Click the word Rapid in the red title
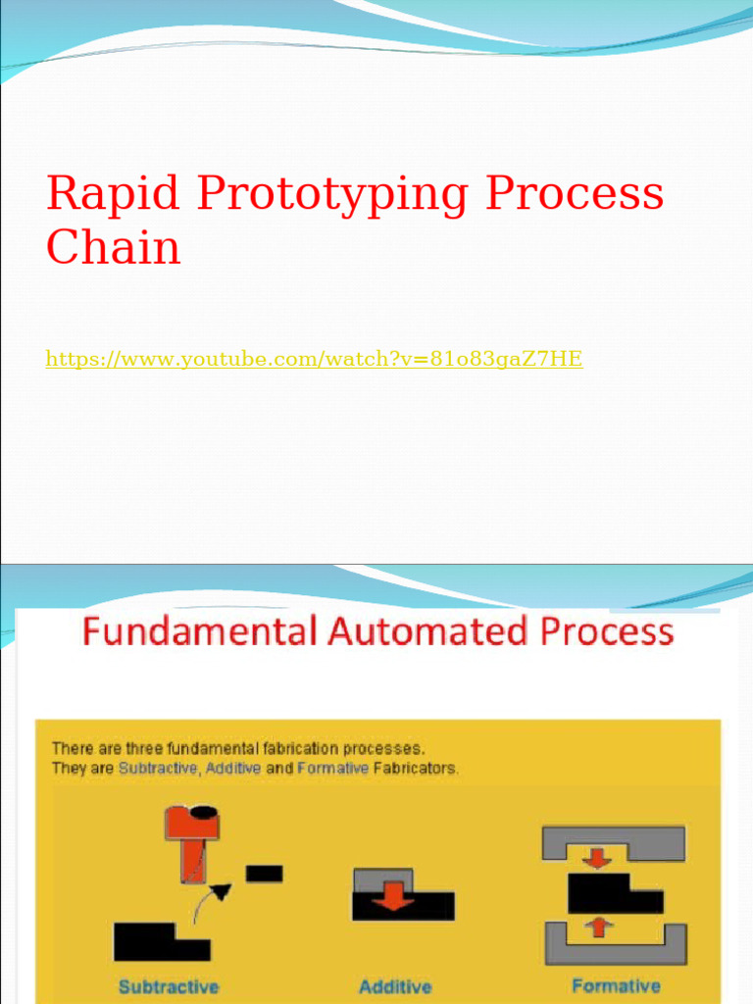114,194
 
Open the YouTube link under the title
314,360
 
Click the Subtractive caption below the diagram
169,986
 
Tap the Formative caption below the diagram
616,985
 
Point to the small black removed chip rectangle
264,873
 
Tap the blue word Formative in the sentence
332,769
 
